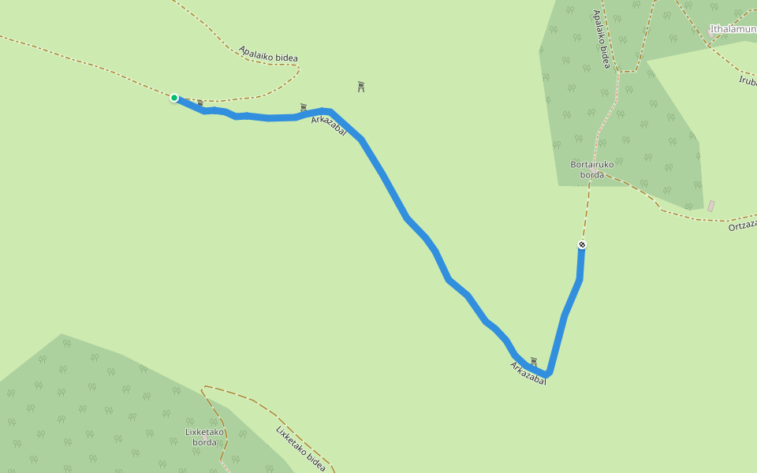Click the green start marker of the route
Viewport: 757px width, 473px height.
(174, 98)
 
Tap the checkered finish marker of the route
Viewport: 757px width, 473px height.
(582, 244)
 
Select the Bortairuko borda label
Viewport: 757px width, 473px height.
(591, 169)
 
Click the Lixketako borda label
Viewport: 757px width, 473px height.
(205, 437)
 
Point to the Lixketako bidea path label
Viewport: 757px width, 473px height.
(300, 448)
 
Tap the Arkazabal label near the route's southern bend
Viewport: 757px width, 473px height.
(528, 373)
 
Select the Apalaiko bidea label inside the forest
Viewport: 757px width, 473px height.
(602, 39)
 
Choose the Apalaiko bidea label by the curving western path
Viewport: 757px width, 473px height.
(268, 54)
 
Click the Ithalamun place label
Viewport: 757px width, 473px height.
(733, 29)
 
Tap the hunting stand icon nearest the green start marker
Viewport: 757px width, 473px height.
(200, 103)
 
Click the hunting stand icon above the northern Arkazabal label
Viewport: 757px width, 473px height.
(303, 107)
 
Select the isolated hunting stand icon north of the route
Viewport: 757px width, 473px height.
(361, 86)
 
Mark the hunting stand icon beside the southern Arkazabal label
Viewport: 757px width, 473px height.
(534, 361)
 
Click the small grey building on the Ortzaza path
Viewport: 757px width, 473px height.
(711, 206)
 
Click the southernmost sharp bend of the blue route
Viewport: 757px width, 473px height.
(546, 374)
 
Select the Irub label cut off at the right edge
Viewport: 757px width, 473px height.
(748, 80)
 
